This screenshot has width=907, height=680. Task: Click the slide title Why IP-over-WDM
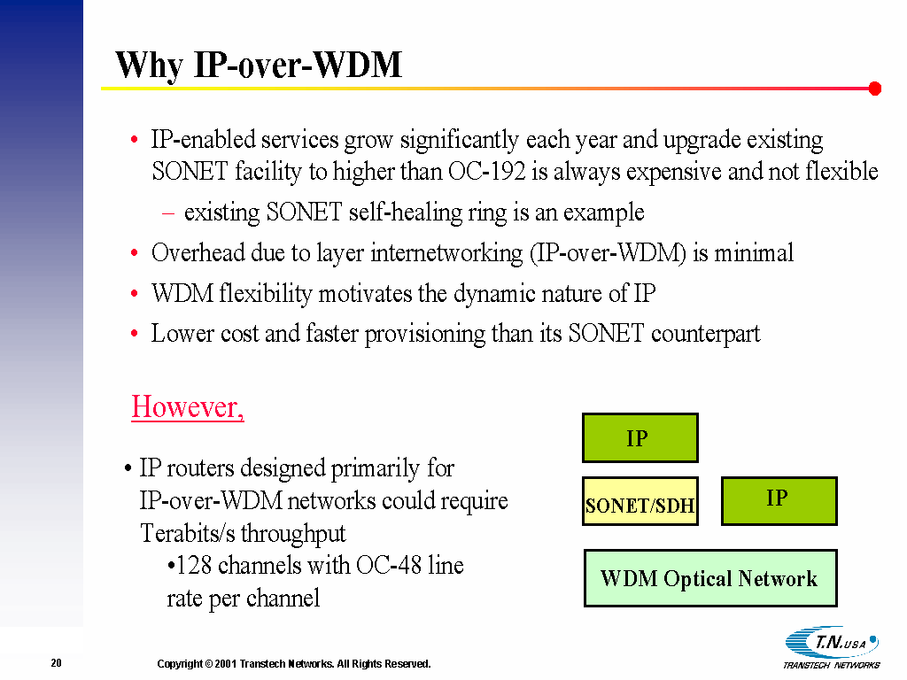(259, 65)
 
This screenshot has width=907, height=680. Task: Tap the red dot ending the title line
(874, 89)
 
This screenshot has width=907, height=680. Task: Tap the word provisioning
(424, 334)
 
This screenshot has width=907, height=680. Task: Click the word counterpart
(705, 334)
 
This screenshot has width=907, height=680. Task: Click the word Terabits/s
(185, 533)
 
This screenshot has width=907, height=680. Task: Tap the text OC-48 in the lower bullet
(389, 565)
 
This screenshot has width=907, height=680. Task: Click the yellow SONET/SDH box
(640, 501)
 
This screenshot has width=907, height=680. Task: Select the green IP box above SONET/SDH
(640, 437)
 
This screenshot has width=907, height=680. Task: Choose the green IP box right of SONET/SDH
(779, 501)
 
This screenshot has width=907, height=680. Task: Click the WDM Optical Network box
(710, 578)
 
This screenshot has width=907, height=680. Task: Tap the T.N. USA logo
(832, 647)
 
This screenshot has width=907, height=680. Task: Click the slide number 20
(56, 663)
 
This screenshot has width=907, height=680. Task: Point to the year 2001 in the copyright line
(226, 664)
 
